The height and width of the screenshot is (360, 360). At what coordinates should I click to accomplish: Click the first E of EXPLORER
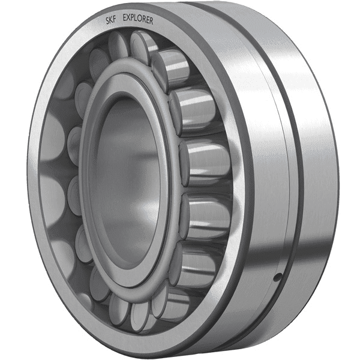click(x=124, y=19)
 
